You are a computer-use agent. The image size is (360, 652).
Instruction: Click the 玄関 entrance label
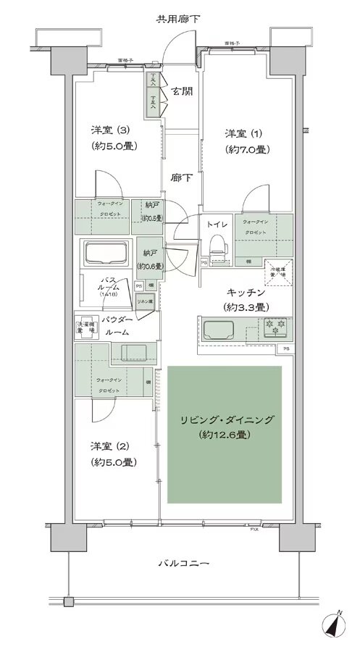tap(183, 92)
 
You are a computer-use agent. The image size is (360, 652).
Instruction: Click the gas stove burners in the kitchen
tap(275, 327)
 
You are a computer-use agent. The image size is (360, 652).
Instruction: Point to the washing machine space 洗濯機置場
tap(85, 327)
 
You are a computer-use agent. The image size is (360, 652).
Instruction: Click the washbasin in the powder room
tap(132, 353)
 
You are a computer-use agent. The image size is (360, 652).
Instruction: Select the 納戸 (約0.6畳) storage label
tap(149, 259)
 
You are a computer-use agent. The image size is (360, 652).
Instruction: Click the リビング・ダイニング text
tap(225, 420)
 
